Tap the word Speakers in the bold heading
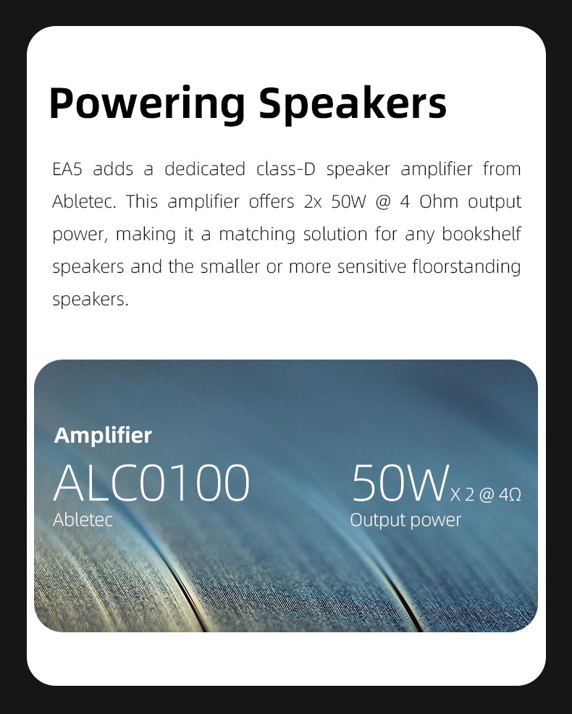tap(353, 103)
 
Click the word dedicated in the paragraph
tap(205, 169)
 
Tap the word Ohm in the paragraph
tap(439, 202)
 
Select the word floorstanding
tap(466, 267)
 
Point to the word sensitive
tap(371, 267)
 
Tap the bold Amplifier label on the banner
tap(103, 435)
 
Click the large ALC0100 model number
tap(151, 483)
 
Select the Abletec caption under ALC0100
tap(83, 519)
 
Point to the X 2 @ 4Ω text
tap(486, 495)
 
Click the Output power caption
tap(405, 519)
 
